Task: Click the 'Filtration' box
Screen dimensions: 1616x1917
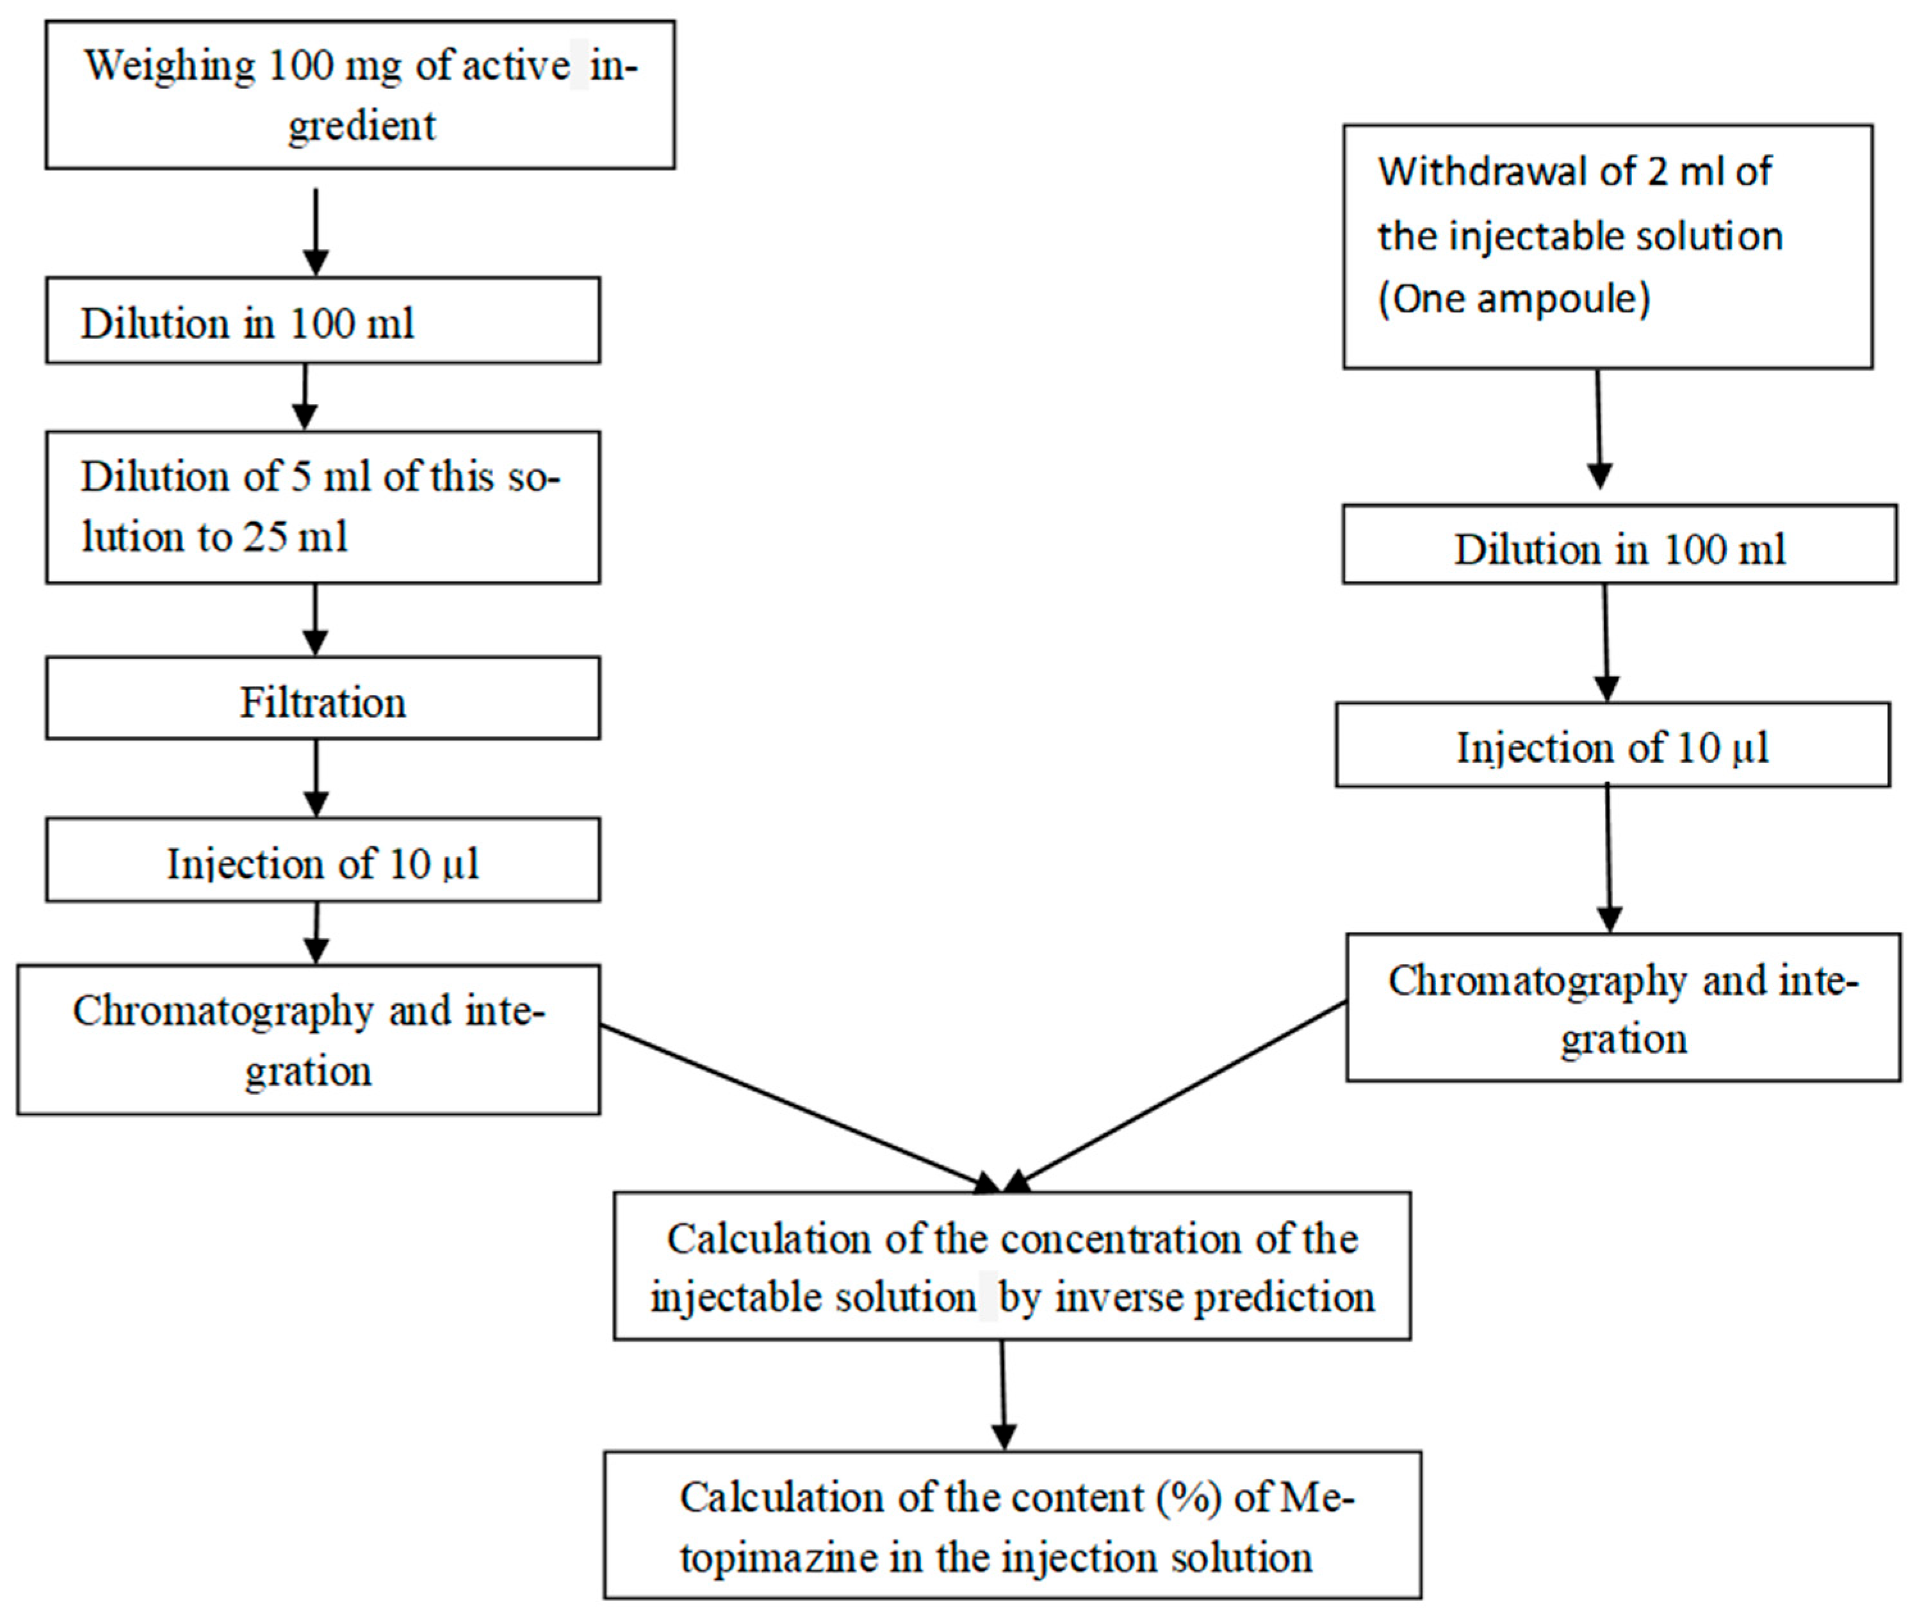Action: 322,703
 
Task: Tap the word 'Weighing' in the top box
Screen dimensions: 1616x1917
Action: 170,67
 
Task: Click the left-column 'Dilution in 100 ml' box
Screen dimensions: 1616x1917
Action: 322,322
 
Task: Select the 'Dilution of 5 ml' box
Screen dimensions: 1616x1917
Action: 322,507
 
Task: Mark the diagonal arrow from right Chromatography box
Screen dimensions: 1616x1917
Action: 1182,1094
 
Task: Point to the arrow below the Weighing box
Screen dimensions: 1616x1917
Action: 315,229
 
